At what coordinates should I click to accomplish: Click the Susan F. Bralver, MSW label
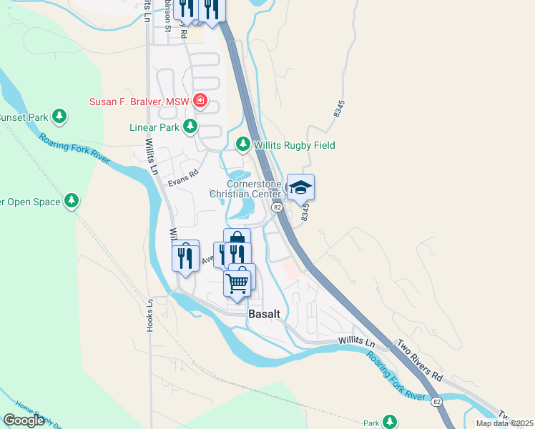coord(139,102)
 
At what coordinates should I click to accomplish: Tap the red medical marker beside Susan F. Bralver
coord(201,101)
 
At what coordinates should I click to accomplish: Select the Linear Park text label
coord(152,127)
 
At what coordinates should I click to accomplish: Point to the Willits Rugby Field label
coord(295,145)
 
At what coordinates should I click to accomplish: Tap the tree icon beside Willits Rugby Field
coord(243,145)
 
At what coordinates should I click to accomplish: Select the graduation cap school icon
coord(301,187)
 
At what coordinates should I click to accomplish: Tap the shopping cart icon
coord(237,282)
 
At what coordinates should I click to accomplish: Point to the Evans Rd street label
coord(182,182)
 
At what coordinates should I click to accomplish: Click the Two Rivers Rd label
coord(420,358)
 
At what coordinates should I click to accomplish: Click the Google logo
coord(24,420)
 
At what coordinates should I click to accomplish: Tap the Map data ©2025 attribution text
coord(504,423)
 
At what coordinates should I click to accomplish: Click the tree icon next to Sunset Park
coord(60,117)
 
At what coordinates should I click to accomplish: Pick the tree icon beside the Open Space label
coord(71,202)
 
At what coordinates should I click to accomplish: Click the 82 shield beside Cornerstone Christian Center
coord(278,206)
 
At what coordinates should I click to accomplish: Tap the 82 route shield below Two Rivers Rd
coord(436,403)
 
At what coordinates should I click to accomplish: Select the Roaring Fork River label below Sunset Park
coord(75,149)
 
